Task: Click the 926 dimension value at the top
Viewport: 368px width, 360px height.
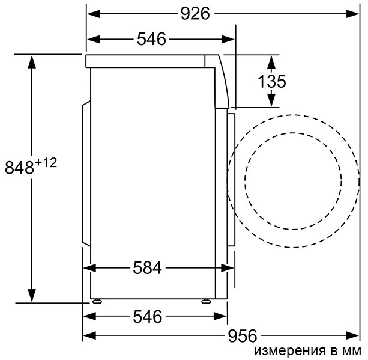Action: [196, 13]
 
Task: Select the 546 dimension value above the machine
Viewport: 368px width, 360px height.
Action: [151, 39]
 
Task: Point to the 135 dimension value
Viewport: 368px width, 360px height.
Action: [271, 81]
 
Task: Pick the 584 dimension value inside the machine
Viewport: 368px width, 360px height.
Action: [148, 268]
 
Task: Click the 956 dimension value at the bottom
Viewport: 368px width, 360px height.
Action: [242, 335]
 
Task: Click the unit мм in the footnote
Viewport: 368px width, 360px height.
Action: [353, 351]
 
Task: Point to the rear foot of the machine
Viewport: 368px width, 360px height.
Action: [96, 299]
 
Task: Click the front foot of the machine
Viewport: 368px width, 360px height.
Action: [206, 299]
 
